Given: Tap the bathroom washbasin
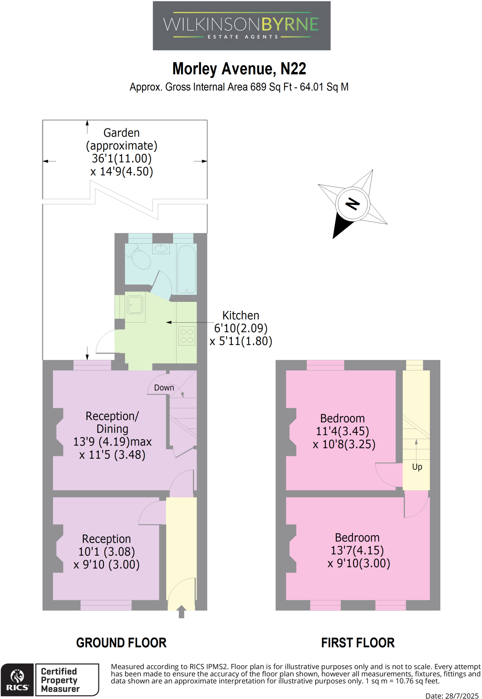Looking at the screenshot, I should (161, 248).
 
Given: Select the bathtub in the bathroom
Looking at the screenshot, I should (186, 269).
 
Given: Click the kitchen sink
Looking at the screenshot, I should (135, 304).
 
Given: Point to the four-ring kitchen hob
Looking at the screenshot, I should (187, 336).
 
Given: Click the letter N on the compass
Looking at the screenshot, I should (352, 204).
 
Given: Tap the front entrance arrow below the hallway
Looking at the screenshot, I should (182, 611).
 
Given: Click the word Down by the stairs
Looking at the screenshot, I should (164, 388).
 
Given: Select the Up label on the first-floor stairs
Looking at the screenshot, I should (417, 467).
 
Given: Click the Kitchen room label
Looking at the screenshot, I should (241, 315).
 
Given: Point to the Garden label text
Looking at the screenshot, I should (122, 133).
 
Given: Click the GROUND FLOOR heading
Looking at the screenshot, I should (121, 643).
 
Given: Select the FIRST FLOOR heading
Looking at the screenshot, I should (358, 643).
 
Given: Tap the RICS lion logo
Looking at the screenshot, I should (17, 677).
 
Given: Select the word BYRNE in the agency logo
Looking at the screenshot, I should (290, 25).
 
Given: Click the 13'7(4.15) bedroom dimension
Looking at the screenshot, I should (357, 550).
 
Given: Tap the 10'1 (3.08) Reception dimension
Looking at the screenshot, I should (107, 552).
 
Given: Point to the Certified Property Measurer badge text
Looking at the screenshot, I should (60, 680).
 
